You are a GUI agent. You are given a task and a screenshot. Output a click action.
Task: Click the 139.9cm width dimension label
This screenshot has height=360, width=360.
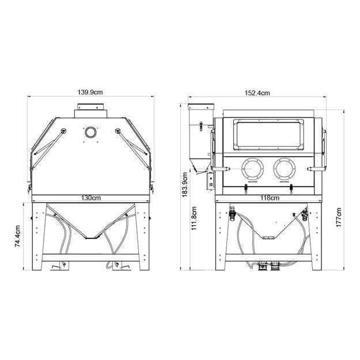(90, 91)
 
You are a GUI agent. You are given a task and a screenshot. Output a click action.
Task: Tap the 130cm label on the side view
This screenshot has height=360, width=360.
(90, 198)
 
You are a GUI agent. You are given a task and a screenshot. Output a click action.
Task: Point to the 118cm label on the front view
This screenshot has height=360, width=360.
(270, 198)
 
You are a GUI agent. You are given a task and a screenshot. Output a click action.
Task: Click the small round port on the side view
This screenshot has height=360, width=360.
(90, 132)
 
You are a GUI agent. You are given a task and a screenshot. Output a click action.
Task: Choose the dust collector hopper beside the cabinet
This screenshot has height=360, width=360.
(200, 138)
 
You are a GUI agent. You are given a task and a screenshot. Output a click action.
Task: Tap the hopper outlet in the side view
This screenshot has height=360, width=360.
(90, 237)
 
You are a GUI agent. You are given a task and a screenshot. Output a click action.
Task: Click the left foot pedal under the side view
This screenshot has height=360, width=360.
(58, 266)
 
